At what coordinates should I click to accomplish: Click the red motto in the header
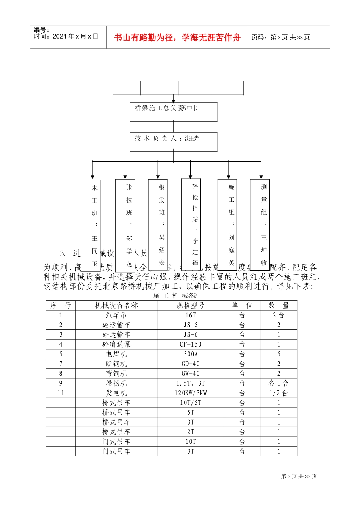177,37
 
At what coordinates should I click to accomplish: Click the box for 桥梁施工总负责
173,112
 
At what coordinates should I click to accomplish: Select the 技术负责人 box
173,142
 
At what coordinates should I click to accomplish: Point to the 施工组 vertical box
227,224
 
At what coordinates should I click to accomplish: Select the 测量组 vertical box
260,224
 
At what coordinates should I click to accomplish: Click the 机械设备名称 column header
116,306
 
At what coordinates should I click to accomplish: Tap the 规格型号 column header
191,306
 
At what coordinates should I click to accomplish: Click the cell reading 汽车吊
116,315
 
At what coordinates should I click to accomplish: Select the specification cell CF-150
191,345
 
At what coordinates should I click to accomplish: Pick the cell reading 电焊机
116,354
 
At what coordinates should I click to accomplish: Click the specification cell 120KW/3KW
191,393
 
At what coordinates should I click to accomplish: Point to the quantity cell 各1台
279,384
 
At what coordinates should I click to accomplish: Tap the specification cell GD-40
191,364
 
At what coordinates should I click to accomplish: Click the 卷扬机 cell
116,384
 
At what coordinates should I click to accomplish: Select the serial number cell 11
61,393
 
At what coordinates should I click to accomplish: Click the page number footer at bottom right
299,476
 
